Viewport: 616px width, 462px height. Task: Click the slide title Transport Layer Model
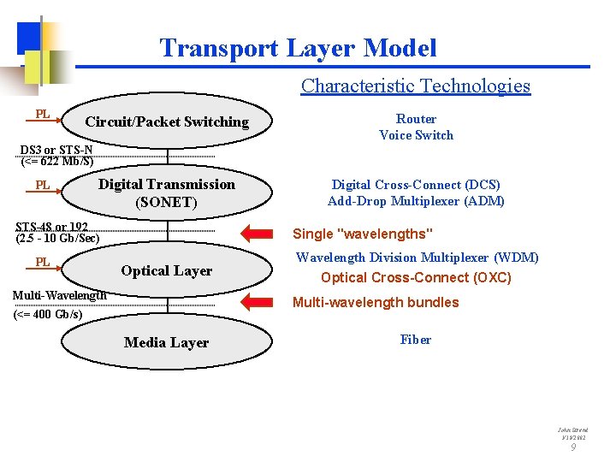(298, 48)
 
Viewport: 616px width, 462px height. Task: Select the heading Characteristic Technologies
(415, 86)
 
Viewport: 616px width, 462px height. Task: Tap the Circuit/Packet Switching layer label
(167, 121)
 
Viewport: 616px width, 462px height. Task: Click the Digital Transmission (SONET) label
(166, 193)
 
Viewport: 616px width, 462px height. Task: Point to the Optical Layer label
(166, 270)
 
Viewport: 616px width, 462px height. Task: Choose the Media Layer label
(166, 342)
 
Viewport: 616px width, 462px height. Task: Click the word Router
(416, 119)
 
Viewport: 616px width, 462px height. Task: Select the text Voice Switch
(416, 135)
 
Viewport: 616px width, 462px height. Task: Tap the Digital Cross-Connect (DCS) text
(416, 185)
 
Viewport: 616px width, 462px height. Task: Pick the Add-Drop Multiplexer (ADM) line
(416, 201)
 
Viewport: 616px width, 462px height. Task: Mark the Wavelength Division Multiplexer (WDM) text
(417, 258)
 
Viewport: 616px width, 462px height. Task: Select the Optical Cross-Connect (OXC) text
(416, 277)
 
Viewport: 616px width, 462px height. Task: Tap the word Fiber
(416, 340)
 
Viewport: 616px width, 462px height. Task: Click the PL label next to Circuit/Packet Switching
(42, 115)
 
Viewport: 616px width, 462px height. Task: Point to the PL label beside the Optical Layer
(42, 262)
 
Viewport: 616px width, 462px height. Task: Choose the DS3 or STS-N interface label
(56, 151)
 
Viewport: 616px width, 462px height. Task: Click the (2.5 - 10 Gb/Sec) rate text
(57, 238)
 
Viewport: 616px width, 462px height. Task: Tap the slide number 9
(573, 447)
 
